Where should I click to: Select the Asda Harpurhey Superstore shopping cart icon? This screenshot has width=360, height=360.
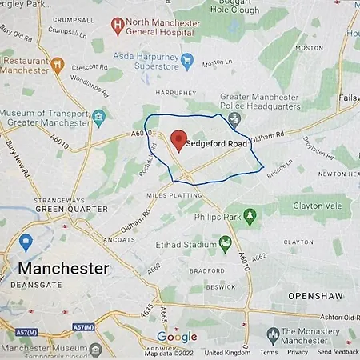(x=187, y=59)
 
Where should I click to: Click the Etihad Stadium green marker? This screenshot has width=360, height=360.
(x=226, y=242)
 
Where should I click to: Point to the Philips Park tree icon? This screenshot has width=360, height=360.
(x=250, y=214)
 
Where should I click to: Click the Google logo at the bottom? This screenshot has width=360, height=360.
(x=177, y=337)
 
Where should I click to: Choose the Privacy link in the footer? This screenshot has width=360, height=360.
(x=298, y=352)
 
